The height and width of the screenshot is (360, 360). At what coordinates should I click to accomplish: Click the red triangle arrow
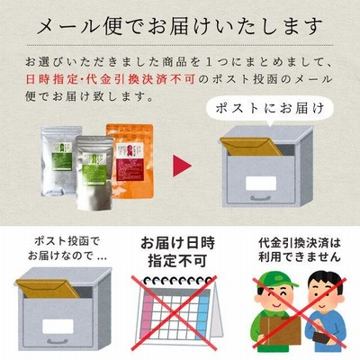(x=181, y=166)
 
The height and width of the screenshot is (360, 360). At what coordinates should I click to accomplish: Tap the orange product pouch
(x=130, y=161)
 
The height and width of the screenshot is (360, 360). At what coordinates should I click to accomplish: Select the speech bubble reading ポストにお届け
(x=270, y=109)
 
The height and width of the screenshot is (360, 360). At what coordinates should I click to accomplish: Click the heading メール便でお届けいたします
(x=180, y=26)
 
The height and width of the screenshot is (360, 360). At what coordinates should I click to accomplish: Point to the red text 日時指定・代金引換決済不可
(x=111, y=79)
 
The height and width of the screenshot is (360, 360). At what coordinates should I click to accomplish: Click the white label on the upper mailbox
(x=261, y=184)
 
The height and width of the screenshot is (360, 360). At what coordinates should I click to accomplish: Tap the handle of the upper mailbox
(x=261, y=198)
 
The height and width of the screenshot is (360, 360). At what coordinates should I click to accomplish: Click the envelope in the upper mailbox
(x=250, y=147)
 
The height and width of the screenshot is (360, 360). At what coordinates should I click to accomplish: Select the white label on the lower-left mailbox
(x=58, y=327)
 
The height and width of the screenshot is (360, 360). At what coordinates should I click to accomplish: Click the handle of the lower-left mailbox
(x=58, y=341)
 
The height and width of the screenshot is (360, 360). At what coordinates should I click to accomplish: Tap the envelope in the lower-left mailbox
(x=48, y=289)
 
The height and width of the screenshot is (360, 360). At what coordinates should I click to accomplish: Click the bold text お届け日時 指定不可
(x=177, y=252)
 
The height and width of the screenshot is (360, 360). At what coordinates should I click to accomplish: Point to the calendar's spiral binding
(x=177, y=282)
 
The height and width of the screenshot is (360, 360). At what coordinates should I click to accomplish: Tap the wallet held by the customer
(x=321, y=336)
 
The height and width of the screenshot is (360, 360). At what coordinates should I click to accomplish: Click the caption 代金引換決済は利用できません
(x=300, y=250)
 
